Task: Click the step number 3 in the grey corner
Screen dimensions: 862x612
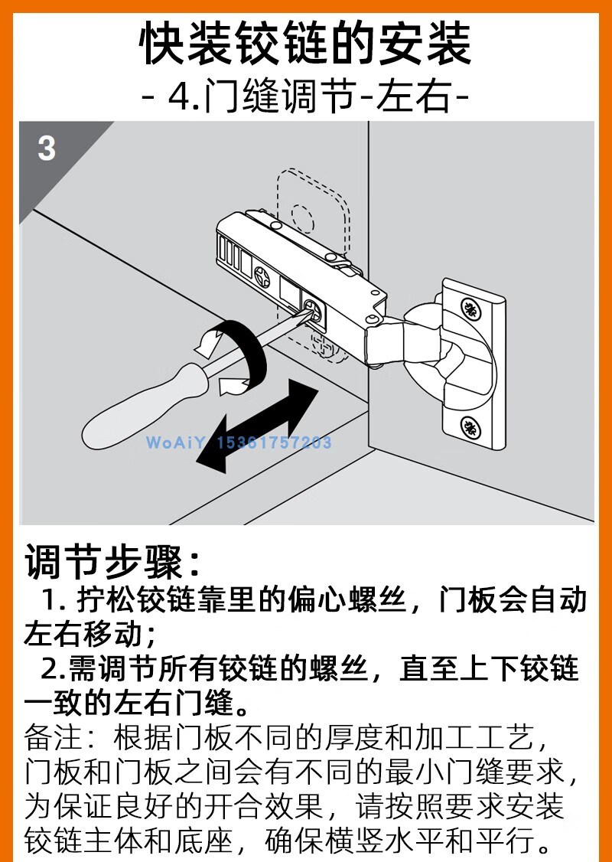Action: pyautogui.click(x=47, y=148)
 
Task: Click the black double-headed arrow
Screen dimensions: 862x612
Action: pyautogui.click(x=257, y=426)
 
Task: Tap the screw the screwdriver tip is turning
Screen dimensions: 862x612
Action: pyautogui.click(x=313, y=309)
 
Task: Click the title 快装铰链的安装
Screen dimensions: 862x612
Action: pyautogui.click(x=306, y=44)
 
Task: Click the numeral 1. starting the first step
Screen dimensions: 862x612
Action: pyautogui.click(x=53, y=600)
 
